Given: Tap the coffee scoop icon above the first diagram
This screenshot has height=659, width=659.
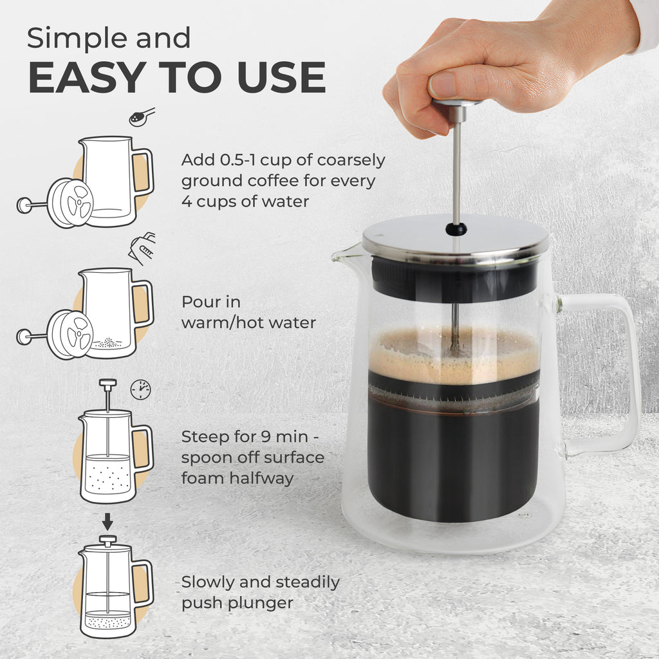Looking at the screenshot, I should point(142,116).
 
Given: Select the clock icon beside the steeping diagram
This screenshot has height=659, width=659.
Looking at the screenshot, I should point(140,389).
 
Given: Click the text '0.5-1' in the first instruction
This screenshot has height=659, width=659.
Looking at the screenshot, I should point(237,160).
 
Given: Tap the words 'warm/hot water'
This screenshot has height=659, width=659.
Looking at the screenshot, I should point(248,322).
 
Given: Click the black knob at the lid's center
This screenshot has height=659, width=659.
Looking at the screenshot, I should point(456,228).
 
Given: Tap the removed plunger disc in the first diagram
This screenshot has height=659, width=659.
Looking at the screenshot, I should point(71,203).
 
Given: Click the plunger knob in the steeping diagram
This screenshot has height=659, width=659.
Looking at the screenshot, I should point(107,384).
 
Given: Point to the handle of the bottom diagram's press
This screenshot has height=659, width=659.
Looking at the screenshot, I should point(143,582).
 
